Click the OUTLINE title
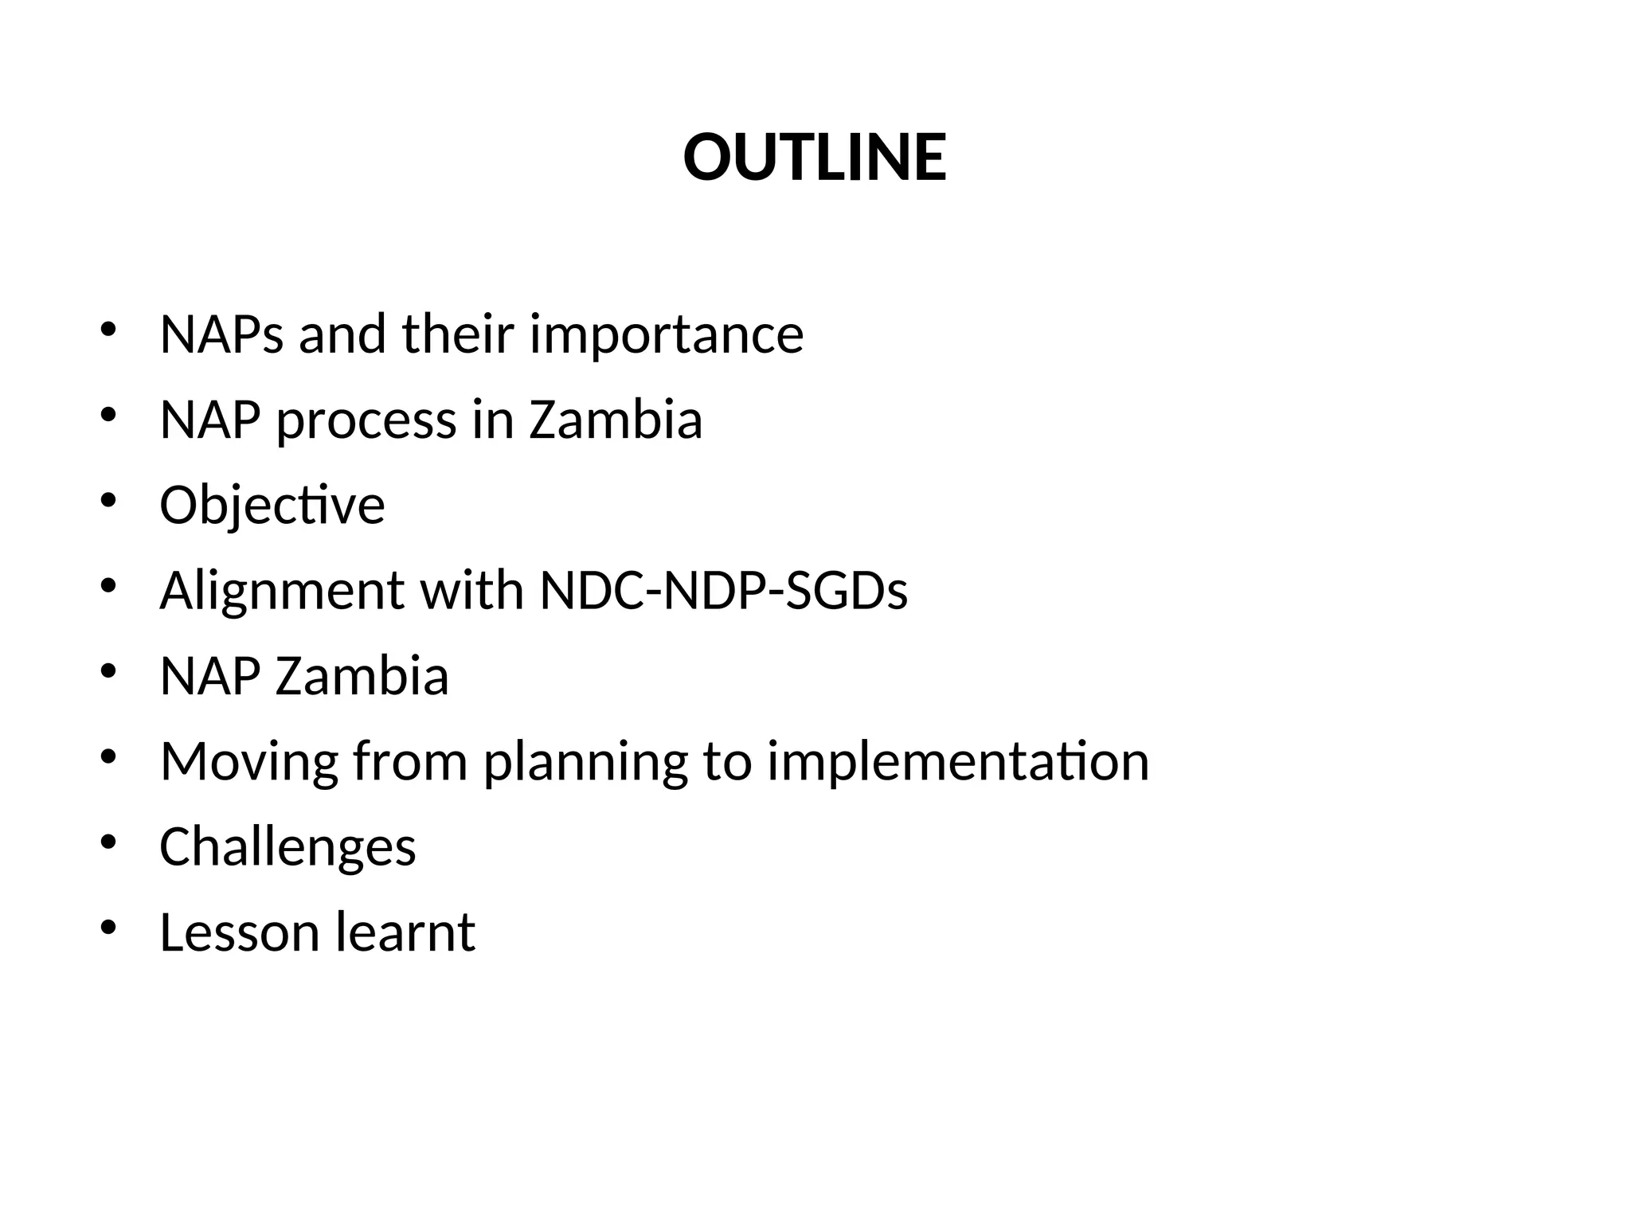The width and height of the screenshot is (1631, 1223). (815, 157)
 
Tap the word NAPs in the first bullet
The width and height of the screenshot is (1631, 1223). (221, 334)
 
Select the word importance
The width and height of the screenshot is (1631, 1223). (667, 334)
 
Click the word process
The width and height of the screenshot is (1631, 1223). (366, 420)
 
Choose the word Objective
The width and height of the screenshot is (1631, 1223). (272, 506)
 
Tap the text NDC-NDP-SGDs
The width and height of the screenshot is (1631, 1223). (723, 592)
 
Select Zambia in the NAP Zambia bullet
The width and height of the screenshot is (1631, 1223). (362, 677)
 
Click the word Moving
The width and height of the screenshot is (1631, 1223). (248, 762)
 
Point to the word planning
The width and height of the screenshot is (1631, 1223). (585, 762)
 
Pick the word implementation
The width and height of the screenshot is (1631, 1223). (958, 762)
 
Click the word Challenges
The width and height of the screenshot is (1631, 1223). (287, 846)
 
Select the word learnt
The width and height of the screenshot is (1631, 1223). (405, 932)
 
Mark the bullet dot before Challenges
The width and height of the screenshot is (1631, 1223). (109, 842)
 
